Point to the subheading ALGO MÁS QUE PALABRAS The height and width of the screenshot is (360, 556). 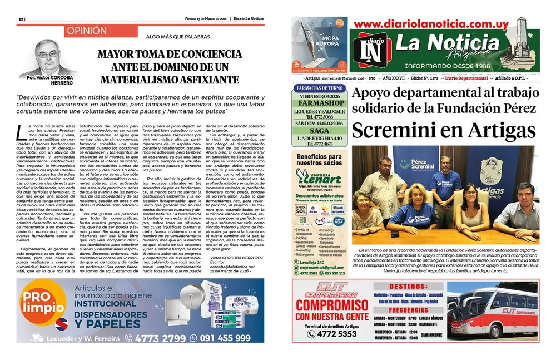(x=170, y=37)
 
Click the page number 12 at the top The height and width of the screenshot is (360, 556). (x=21, y=19)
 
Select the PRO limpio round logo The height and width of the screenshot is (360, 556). (x=40, y=304)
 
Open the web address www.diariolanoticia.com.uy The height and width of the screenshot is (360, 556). (x=431, y=24)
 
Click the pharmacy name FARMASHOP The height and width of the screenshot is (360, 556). (x=320, y=102)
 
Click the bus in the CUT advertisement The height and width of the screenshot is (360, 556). (x=492, y=312)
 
